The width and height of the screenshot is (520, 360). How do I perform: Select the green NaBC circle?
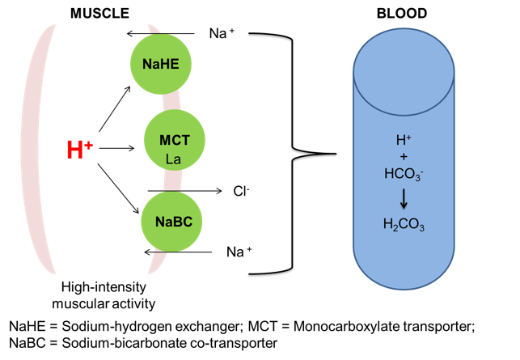[x=171, y=221]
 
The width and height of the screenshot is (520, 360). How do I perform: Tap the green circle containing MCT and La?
[x=174, y=141]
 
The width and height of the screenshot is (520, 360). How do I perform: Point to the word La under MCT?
[x=173, y=159]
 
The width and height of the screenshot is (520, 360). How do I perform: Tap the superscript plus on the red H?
[x=89, y=144]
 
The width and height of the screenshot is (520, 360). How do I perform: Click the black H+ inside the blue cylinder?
[x=404, y=140]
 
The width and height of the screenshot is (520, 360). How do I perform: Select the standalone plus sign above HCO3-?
[x=404, y=156]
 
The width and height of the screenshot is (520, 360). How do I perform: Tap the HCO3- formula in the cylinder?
[x=404, y=173]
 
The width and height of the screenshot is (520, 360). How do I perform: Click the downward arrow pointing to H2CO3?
[x=404, y=198]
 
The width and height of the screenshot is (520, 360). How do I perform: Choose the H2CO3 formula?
[x=404, y=224]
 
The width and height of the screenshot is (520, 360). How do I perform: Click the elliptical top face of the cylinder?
[x=404, y=70]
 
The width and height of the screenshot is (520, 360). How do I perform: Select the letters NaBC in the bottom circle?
[x=171, y=221]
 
